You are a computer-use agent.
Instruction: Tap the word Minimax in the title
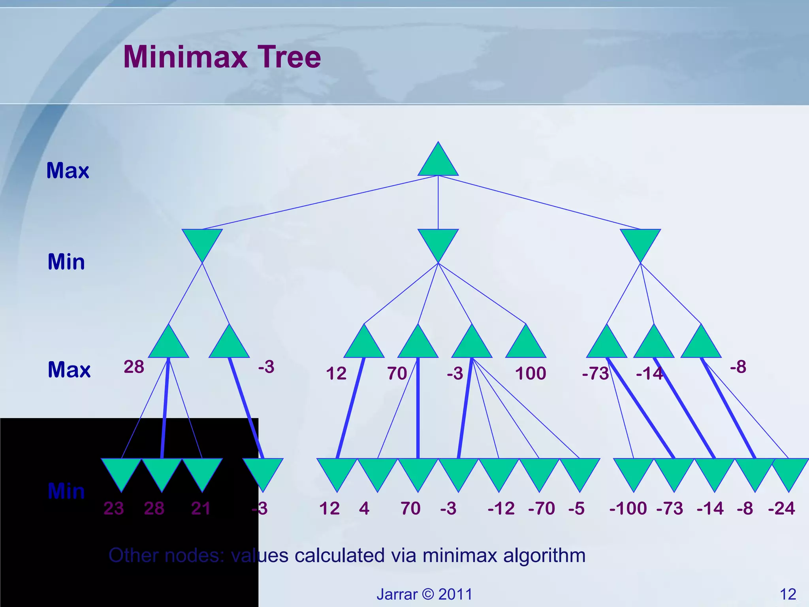185,57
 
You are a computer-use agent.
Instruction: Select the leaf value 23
114,508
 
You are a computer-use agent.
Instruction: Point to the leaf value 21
201,508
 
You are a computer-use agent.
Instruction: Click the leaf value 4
364,508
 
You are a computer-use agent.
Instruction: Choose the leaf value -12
501,508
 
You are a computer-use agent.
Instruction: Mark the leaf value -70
541,508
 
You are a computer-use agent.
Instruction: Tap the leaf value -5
576,508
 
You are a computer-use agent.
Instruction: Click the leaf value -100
628,508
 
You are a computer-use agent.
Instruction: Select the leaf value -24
781,508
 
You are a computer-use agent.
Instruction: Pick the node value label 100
531,373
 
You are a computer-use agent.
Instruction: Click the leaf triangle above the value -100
634,473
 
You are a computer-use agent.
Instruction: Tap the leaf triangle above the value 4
378,473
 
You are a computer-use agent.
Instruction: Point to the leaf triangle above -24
789,473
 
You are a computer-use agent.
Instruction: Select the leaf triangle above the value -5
579,473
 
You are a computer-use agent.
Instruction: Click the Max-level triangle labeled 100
526,344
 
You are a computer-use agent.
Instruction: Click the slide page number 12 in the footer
788,594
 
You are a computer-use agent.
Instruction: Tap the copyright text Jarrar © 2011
424,594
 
